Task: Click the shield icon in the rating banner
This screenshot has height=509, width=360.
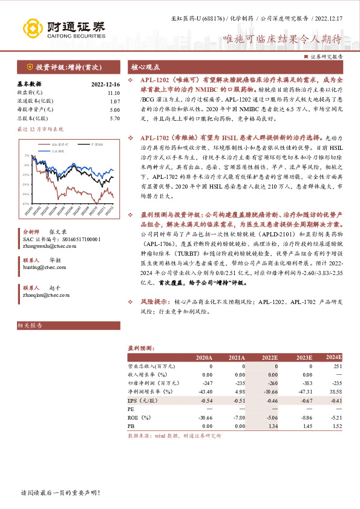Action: point(28,66)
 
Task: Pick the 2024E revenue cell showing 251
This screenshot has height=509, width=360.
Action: point(338,366)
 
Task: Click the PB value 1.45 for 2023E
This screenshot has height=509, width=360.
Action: point(306,426)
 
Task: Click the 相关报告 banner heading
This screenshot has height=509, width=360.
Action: point(30,325)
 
